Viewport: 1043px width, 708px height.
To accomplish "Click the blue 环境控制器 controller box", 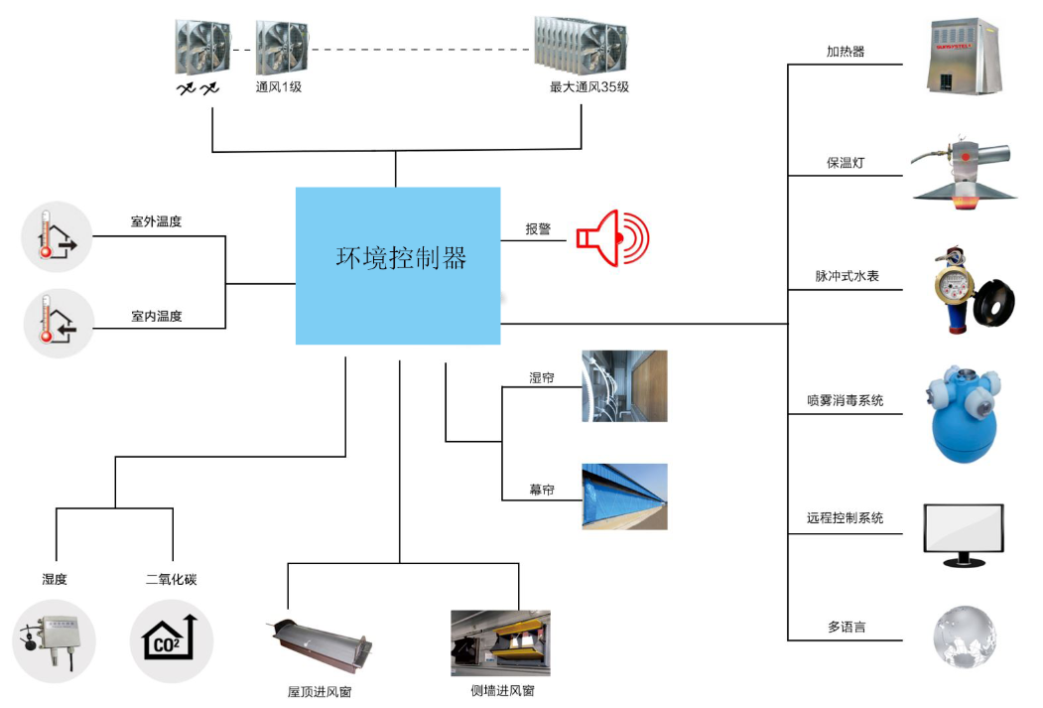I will pyautogui.click(x=398, y=265).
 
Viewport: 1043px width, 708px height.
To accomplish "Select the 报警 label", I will pyautogui.click(x=539, y=229).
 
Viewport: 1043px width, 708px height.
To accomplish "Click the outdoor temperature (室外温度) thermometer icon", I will pyautogui.click(x=58, y=236).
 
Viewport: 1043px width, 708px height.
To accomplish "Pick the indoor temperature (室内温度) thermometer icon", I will pyautogui.click(x=58, y=322).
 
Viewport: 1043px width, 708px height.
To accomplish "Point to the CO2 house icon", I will pyautogui.click(x=171, y=641).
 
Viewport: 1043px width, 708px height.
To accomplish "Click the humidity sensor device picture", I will pyautogui.click(x=54, y=641).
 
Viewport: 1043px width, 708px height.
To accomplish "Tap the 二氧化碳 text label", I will pyautogui.click(x=171, y=579).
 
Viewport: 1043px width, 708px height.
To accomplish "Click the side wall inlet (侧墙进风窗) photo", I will pyautogui.click(x=500, y=642).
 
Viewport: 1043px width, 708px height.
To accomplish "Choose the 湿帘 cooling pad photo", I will pyautogui.click(x=624, y=385).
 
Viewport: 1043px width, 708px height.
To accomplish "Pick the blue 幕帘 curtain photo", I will pyautogui.click(x=624, y=496).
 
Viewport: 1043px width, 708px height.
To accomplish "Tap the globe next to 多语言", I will pyautogui.click(x=964, y=636).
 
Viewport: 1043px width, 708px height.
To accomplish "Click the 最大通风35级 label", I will pyautogui.click(x=589, y=87).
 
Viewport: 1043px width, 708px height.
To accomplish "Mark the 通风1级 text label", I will pyautogui.click(x=278, y=87).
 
